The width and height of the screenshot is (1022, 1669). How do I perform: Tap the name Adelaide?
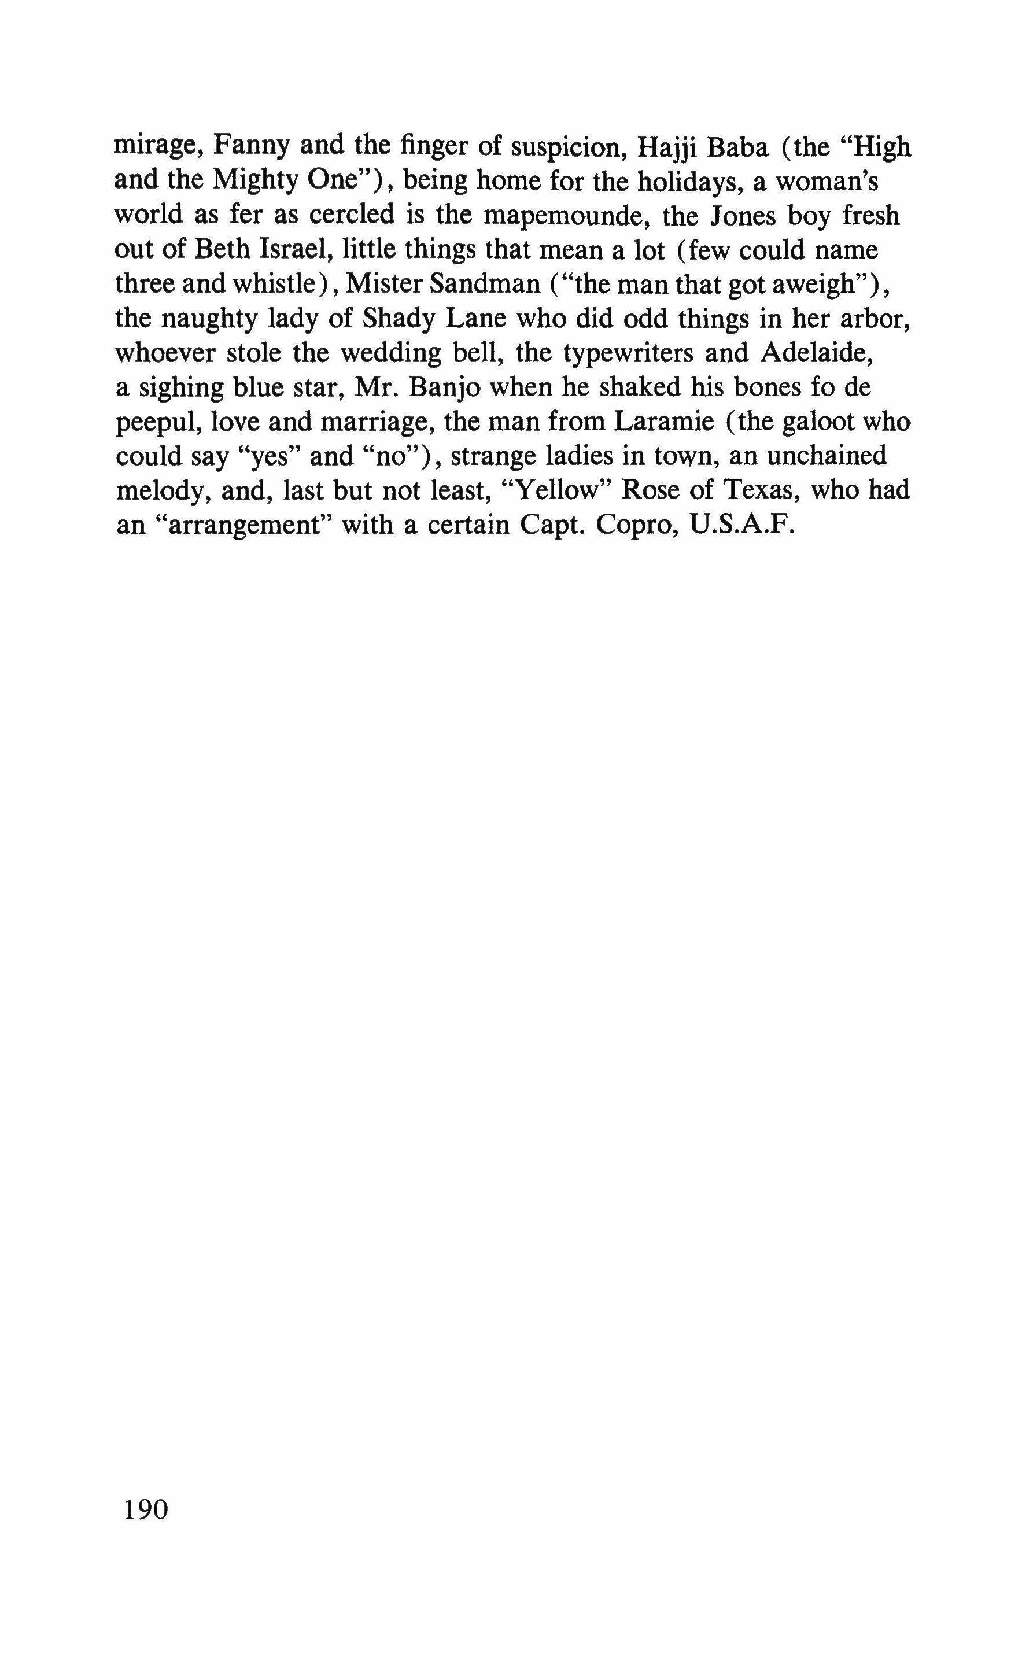811,353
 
